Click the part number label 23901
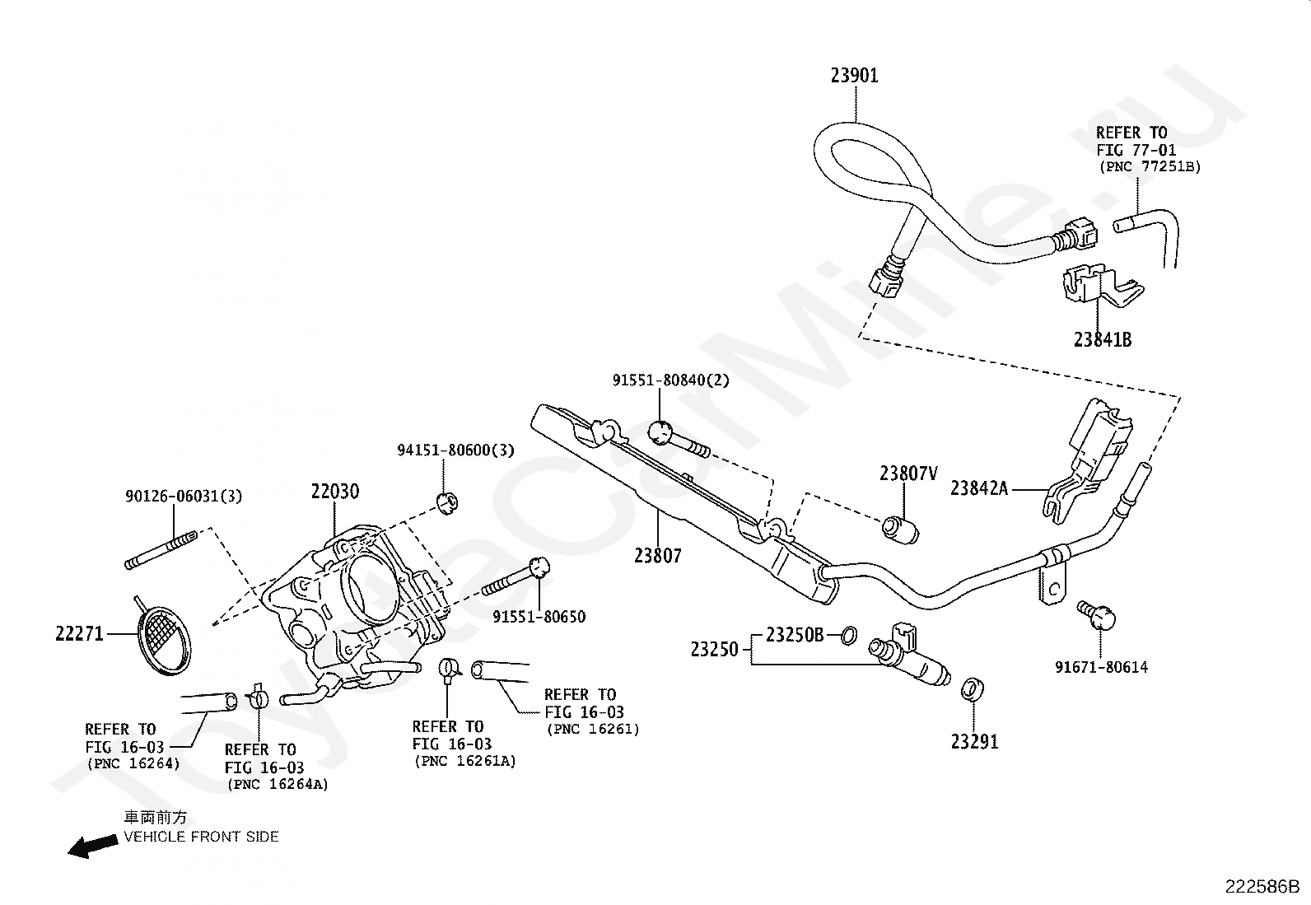coord(855,76)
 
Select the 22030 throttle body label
coord(335,491)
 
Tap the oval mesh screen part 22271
coord(165,641)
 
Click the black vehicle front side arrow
coord(92,846)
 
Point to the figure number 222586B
coord(1263,886)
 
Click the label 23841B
coord(1103,339)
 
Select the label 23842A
coord(979,488)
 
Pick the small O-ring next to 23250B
coord(849,635)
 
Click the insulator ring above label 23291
coord(972,689)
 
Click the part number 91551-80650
coord(539,617)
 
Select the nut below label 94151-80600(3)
coord(448,503)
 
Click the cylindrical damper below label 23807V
coord(900,529)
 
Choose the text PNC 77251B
coord(1150,167)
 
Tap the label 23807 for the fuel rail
coord(658,555)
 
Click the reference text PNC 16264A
coord(278,785)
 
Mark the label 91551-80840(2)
coord(671,380)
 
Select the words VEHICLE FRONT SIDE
coord(201,837)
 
